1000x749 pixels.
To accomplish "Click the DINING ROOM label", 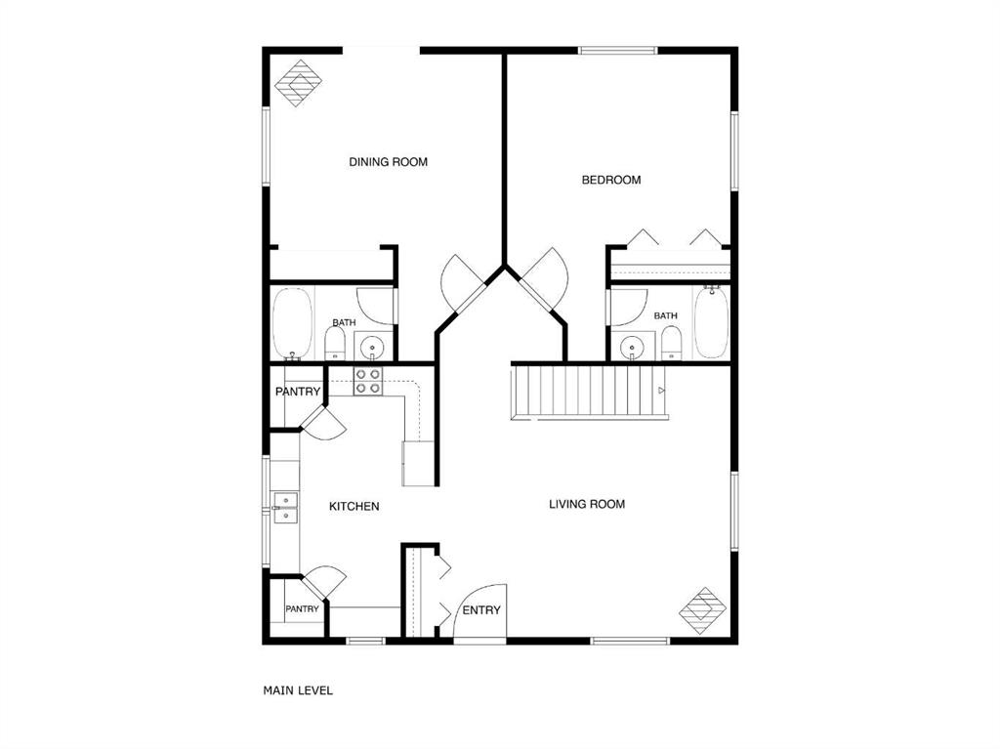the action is pos(388,162).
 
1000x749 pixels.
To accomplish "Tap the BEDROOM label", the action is pos(611,180).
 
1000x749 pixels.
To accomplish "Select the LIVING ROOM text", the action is pos(587,504).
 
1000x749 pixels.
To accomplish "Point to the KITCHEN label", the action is pos(354,507).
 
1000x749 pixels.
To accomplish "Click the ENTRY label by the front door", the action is pos(481,610).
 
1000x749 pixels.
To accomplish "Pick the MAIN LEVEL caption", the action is pos(298,690).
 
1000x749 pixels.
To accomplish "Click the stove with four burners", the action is pos(368,381).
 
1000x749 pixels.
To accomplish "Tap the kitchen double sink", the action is pos(286,508).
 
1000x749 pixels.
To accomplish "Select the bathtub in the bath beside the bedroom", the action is pos(711,322).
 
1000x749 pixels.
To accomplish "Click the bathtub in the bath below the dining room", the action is pos(292,324).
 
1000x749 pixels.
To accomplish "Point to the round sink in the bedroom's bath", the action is pos(632,348).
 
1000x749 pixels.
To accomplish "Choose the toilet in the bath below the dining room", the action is pos(335,345).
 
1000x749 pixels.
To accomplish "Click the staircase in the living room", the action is pos(589,391).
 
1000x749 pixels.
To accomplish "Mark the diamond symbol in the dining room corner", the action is pos(298,83).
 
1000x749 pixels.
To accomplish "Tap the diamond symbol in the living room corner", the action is pos(703,611).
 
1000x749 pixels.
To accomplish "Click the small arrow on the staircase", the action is pos(661,391).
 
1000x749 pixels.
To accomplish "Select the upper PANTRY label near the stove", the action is pos(298,392).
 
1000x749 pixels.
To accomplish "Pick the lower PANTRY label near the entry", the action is pos(302,609).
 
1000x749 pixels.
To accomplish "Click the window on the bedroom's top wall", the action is pos(617,51).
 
